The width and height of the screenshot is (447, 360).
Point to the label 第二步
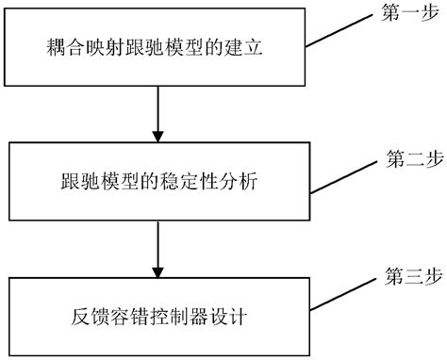[406, 154]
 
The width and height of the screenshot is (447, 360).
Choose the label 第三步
[406, 279]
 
